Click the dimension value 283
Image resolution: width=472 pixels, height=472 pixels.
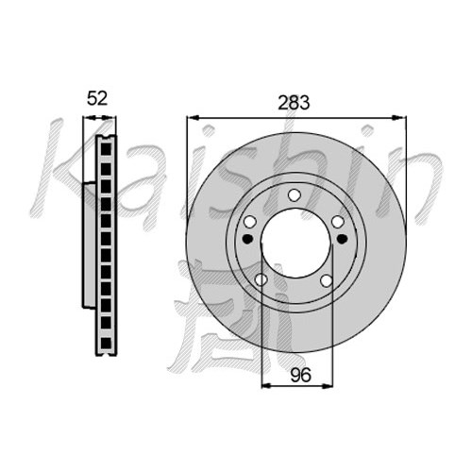(294, 102)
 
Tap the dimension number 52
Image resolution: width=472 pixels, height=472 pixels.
(97, 98)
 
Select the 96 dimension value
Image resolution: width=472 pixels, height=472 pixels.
(300, 375)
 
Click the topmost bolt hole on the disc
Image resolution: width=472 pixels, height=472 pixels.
(295, 195)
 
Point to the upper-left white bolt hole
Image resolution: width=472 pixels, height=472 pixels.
(250, 222)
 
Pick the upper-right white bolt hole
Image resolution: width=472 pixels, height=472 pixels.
(338, 222)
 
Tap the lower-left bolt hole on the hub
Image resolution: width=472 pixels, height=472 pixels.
(261, 279)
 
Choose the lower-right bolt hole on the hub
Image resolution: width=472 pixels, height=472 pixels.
(327, 280)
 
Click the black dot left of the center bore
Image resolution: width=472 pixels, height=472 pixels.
(248, 239)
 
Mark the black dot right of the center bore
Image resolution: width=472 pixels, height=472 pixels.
(342, 239)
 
